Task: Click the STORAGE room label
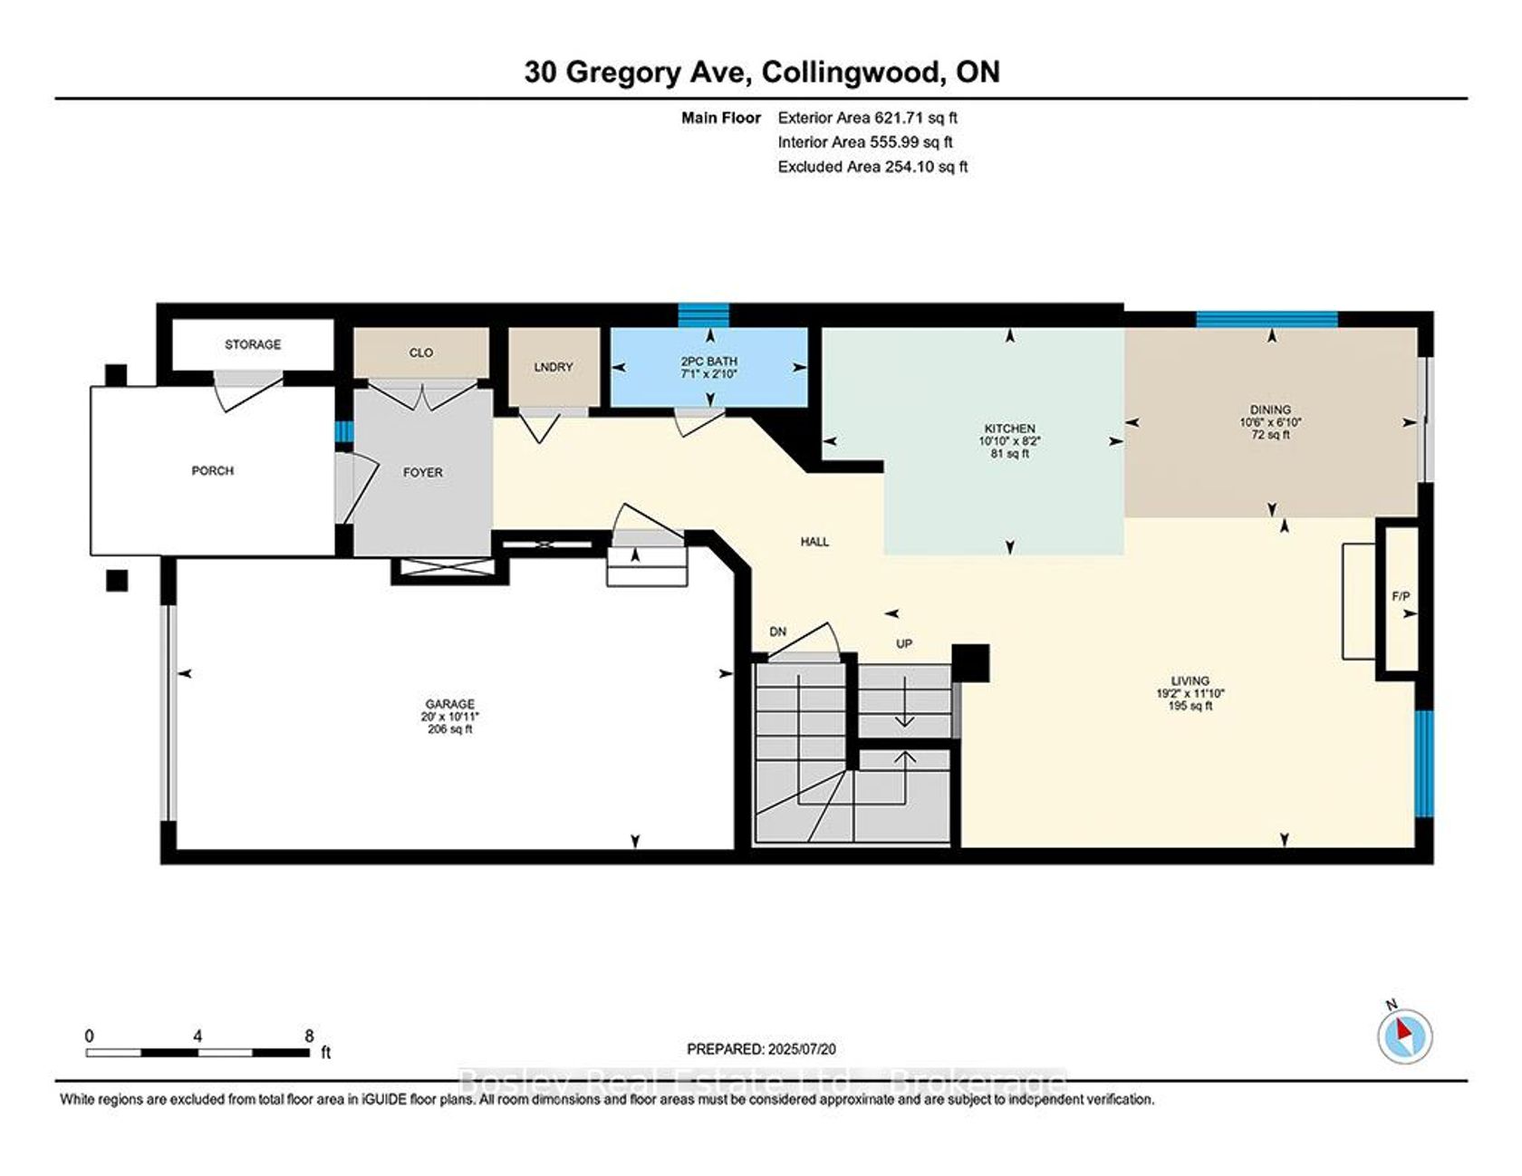[253, 344]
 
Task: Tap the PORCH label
[212, 471]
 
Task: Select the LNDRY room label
[554, 367]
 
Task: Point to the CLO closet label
[421, 352]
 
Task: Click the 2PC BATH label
[709, 361]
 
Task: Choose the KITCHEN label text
[1010, 429]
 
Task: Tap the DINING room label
[1270, 410]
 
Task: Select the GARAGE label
[450, 704]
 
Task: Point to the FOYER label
[423, 473]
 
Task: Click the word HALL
[814, 542]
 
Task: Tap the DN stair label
[778, 631]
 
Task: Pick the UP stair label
[904, 643]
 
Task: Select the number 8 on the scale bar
[309, 1036]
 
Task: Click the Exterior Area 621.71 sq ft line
[868, 118]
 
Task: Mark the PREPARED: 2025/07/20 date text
[761, 1049]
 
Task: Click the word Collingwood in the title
[851, 72]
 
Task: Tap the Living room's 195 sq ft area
[1190, 706]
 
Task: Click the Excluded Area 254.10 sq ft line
[873, 167]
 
